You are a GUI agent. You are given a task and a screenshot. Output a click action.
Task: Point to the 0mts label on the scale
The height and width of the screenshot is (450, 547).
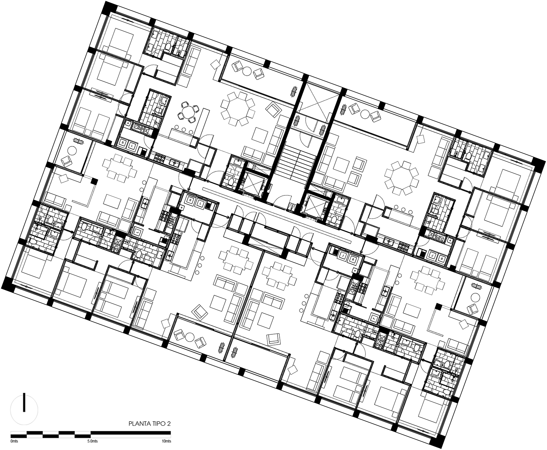(14, 441)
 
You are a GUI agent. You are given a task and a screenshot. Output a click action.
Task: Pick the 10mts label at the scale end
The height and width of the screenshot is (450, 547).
(166, 441)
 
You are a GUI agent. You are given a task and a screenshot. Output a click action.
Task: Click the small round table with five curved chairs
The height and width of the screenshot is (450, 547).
(187, 112)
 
